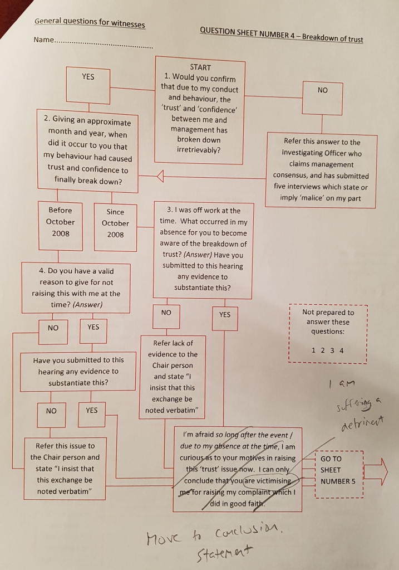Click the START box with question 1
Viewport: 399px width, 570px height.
coord(200,110)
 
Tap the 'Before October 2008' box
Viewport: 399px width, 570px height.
coord(60,226)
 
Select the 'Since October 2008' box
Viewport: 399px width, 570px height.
coord(115,227)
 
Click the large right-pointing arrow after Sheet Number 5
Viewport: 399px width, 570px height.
coord(376,472)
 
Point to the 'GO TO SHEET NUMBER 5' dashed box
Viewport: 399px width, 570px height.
coord(339,474)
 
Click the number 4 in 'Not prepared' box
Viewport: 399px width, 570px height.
coord(341,350)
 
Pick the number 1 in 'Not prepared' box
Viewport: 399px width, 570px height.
coord(313,350)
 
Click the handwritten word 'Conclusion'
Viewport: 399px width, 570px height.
coord(249,533)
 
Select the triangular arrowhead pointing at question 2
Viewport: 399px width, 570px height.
coord(160,176)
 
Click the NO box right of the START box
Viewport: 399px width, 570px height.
coord(322,99)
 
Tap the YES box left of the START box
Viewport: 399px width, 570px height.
coord(88,85)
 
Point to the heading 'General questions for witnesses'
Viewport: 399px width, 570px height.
coord(90,22)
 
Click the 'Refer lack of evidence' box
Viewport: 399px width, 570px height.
coord(173,377)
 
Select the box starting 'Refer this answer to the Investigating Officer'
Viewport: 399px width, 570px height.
coord(321,170)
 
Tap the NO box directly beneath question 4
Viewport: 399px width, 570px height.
coord(53,332)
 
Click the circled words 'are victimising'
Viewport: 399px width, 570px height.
coord(269,481)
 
